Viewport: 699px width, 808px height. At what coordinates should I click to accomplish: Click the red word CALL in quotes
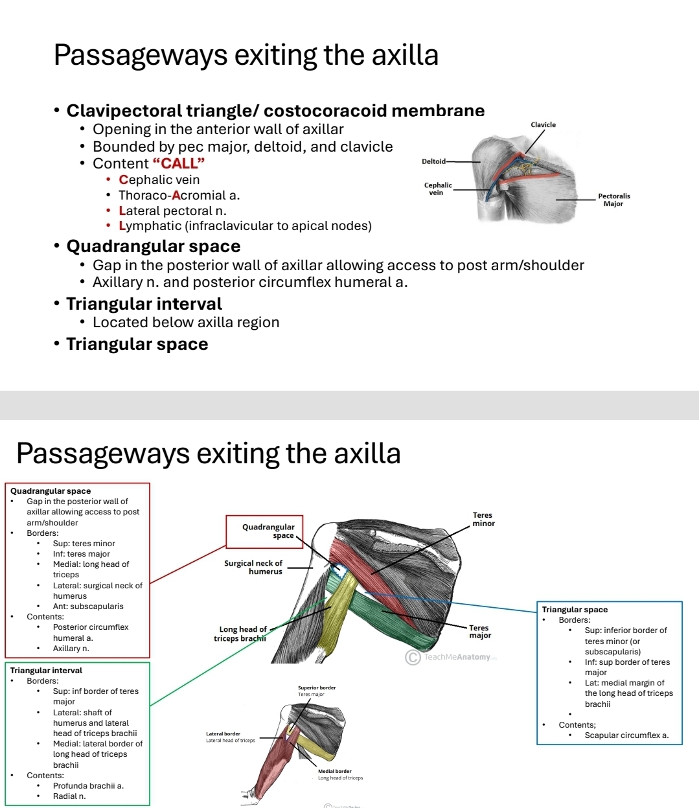click(178, 163)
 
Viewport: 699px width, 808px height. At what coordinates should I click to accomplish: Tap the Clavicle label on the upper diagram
click(543, 124)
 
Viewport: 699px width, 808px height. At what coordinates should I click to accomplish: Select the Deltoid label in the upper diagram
click(433, 161)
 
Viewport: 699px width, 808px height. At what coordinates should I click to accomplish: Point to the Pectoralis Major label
click(613, 200)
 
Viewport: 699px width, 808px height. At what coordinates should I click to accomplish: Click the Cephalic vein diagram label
click(438, 189)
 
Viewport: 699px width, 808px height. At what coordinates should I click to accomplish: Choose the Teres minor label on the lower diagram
click(483, 519)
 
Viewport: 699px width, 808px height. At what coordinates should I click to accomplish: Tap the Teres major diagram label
click(480, 632)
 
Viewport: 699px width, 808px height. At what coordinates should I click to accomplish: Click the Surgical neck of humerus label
click(253, 567)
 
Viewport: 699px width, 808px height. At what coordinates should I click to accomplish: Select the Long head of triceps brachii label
click(240, 634)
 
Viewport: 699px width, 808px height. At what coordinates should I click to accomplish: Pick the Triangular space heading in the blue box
click(575, 610)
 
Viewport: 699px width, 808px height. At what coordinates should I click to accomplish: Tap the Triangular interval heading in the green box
click(46, 671)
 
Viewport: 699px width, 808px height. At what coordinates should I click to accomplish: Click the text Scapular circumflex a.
click(626, 735)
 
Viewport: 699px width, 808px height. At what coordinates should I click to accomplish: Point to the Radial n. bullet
click(69, 796)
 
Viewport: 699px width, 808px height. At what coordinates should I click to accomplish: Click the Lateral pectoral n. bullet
click(172, 211)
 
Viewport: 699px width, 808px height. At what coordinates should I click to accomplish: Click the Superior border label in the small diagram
click(317, 687)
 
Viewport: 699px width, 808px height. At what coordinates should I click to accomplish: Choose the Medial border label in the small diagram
click(334, 771)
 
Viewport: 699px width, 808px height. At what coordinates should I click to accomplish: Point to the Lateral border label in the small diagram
click(223, 734)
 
